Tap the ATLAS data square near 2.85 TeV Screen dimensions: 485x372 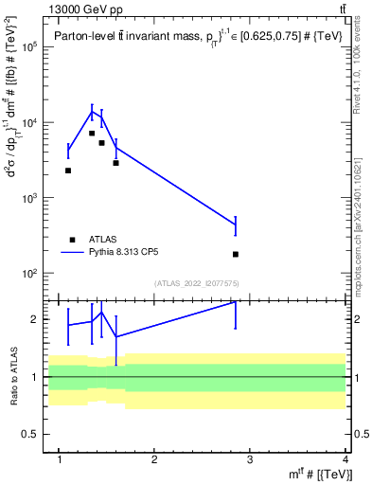tap(235, 254)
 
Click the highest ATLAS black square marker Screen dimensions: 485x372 tap(92, 134)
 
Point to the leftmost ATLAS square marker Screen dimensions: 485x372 tap(68, 171)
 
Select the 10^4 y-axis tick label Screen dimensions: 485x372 tap(27, 122)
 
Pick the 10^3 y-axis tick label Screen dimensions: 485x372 tap(27, 198)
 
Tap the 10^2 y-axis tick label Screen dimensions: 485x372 tap(27, 274)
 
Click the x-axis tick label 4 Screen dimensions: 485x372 tap(346, 459)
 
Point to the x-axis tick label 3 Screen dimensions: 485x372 tap(251, 459)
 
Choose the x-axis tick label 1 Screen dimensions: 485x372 tap(60, 459)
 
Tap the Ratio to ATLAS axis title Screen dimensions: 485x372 tap(12, 376)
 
